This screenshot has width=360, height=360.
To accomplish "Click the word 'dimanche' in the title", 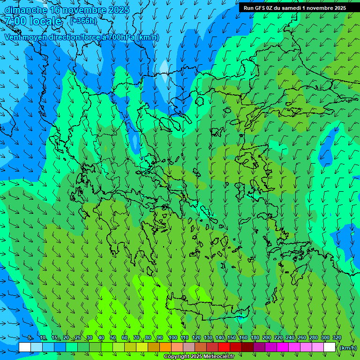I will [26, 10].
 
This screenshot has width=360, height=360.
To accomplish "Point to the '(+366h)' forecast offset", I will [83, 21].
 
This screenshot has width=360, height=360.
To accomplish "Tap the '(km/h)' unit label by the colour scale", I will [348, 348].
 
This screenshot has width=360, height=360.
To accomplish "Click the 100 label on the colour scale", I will [172, 338].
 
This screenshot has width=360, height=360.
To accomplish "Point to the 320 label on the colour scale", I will [337, 338].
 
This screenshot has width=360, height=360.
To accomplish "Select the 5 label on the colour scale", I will [30, 338].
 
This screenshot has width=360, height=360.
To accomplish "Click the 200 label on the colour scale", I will [267, 338].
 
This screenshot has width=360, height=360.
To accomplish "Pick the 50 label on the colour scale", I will [113, 338].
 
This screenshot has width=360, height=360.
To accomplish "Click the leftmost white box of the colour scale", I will [25, 347].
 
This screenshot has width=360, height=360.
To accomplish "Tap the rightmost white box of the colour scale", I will [330, 347].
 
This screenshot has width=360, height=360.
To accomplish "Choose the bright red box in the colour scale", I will [224, 347].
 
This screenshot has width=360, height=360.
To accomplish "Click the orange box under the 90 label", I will [165, 347].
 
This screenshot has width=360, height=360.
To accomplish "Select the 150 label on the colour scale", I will [232, 338].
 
